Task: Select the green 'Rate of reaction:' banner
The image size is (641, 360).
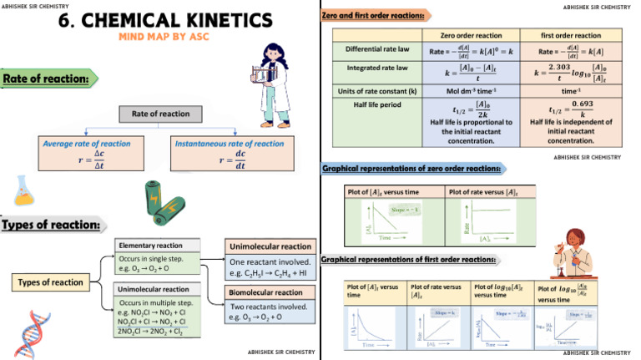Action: [48, 79]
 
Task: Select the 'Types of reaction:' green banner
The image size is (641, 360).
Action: [52, 225]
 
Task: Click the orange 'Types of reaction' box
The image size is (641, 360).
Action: [53, 283]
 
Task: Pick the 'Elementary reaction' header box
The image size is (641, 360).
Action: [159, 246]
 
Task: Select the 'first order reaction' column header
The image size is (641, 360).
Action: [570, 35]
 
